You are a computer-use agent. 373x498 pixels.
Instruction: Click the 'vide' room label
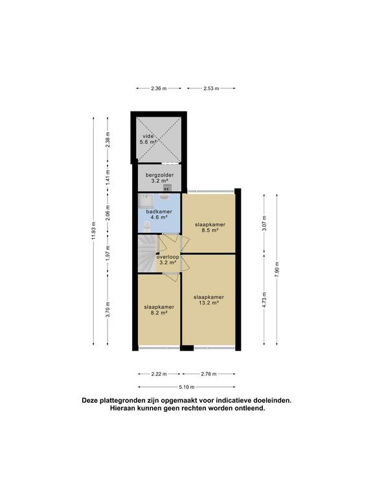click(148, 136)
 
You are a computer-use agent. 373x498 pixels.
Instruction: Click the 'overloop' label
click(167, 257)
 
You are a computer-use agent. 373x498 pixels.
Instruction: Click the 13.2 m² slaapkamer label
click(209, 298)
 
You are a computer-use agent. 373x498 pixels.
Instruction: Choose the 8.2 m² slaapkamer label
click(159, 307)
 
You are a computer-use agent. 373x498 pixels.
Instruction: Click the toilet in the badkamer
click(148, 225)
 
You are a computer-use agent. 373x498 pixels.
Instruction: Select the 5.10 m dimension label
click(186, 388)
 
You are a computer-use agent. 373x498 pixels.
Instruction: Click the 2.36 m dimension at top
click(155, 88)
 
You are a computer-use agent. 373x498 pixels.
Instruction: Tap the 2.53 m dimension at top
click(211, 88)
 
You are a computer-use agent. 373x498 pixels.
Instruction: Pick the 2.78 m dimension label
click(209, 374)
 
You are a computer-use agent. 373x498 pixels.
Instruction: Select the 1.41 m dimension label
click(108, 174)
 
